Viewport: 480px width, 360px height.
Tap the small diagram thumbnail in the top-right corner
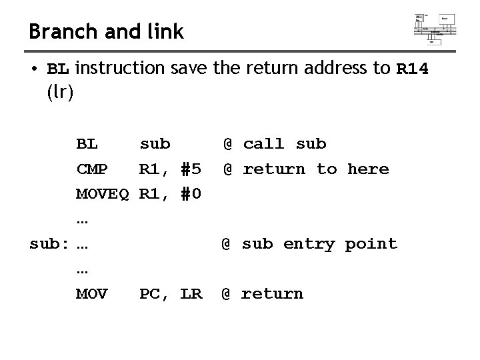click(x=435, y=27)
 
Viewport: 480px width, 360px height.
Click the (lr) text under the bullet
click(x=61, y=93)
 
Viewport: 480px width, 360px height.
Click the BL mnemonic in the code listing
click(x=87, y=144)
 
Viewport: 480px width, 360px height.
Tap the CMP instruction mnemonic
click(x=92, y=169)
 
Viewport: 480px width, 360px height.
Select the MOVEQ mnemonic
click(x=103, y=195)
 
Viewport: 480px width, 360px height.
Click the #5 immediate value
click(x=191, y=169)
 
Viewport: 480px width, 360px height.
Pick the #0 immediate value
click(x=191, y=195)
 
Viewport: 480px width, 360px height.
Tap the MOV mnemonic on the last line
click(x=92, y=294)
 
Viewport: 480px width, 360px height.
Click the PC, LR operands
click(x=170, y=294)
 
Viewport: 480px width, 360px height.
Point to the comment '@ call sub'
click(x=274, y=144)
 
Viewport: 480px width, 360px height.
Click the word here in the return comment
click(x=367, y=169)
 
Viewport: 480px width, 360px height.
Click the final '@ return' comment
click(x=262, y=294)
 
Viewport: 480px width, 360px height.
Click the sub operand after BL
click(x=155, y=144)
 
